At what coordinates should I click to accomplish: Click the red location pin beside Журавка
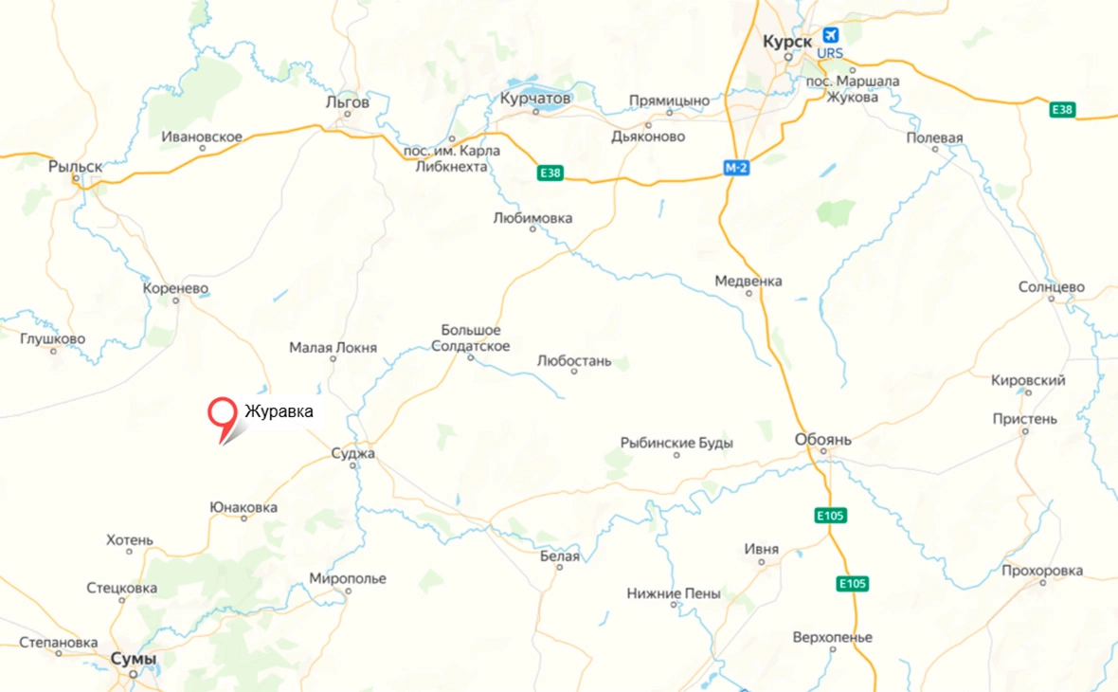tap(222, 414)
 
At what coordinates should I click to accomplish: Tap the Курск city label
tap(786, 42)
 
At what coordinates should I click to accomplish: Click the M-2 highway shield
tap(736, 168)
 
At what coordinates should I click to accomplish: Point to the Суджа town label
tap(352, 454)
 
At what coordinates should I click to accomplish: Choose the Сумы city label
tap(133, 659)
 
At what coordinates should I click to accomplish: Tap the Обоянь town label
tap(822, 440)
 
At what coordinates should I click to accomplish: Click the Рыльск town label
tap(75, 166)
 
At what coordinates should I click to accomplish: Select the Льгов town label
tap(347, 101)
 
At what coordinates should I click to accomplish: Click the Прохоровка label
tap(1041, 571)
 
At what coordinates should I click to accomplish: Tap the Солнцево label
tap(1052, 286)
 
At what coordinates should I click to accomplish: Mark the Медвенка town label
tap(748, 281)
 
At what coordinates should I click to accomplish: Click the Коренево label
tap(175, 288)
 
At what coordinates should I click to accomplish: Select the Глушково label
tap(52, 338)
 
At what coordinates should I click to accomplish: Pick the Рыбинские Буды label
tap(676, 442)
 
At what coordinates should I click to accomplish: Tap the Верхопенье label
tap(832, 637)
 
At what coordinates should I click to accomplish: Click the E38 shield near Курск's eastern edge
tap(1063, 110)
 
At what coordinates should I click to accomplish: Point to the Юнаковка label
tap(243, 507)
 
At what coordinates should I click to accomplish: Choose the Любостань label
tap(573, 360)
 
